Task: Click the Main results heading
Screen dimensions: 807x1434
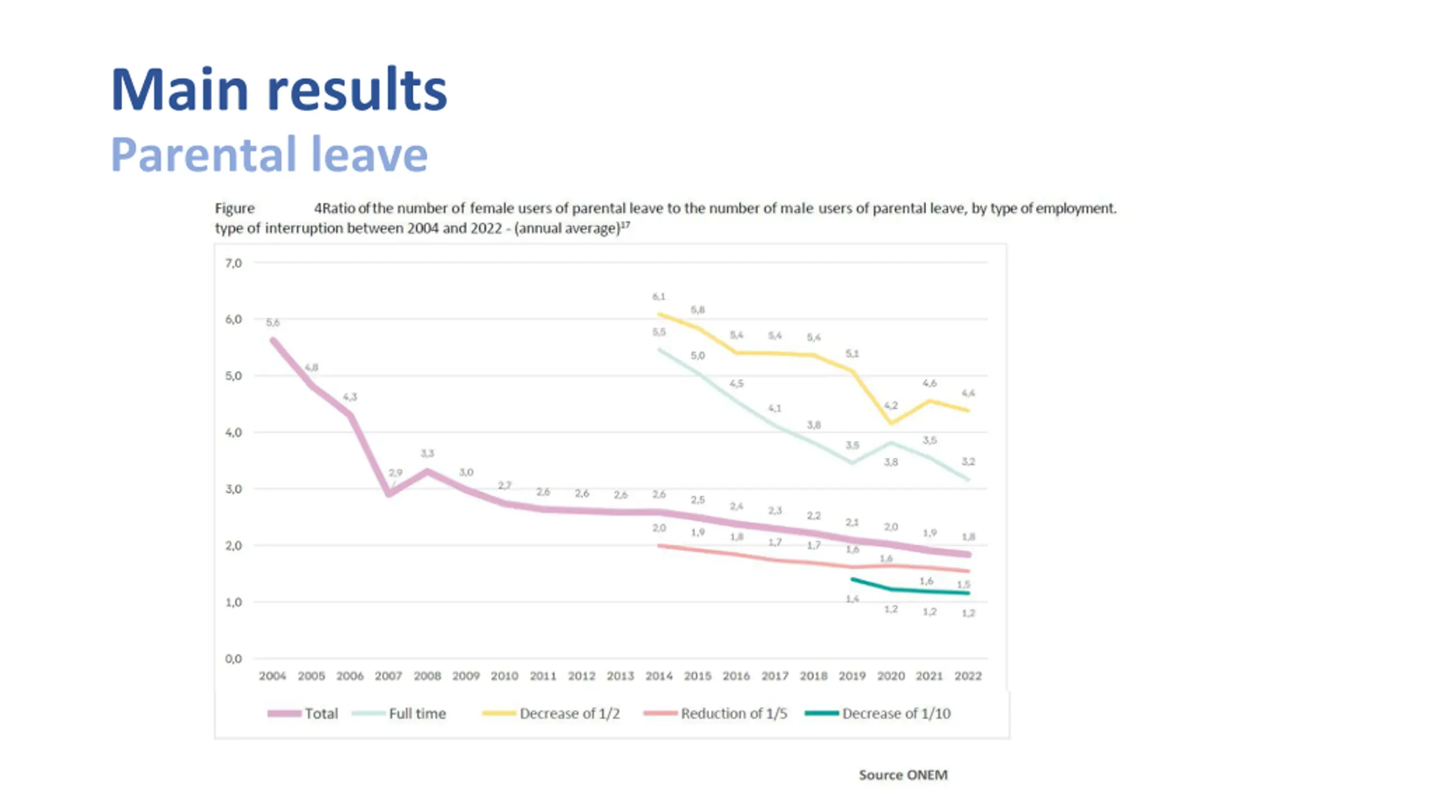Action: coord(279,90)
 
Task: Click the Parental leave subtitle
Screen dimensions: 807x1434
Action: coord(269,154)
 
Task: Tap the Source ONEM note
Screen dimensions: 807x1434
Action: coord(903,774)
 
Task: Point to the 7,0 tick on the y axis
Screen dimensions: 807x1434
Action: coord(234,263)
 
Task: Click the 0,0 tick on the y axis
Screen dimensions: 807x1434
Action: coord(234,658)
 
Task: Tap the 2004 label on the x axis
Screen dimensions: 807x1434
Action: coord(272,676)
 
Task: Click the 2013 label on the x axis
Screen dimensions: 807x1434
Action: coord(620,676)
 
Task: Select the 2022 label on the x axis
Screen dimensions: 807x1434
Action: coord(968,676)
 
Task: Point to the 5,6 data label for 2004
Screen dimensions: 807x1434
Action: coord(273,322)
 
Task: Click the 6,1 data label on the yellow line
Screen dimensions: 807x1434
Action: coord(659,296)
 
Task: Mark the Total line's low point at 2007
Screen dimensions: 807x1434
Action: coord(389,494)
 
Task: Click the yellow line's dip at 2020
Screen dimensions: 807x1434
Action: coord(891,423)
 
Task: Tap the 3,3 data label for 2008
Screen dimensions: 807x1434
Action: coord(427,453)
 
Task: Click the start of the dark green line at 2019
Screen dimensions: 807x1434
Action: coord(852,579)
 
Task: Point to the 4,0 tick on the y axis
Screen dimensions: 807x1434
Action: coord(234,432)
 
